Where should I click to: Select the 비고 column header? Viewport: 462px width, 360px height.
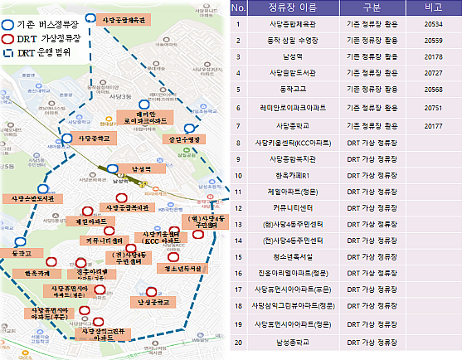tap(429, 8)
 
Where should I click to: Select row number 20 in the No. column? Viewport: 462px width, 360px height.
tap(239, 341)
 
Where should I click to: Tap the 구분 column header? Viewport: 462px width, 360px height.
tap(366, 8)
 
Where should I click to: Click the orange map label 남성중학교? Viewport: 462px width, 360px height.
tap(160, 302)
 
